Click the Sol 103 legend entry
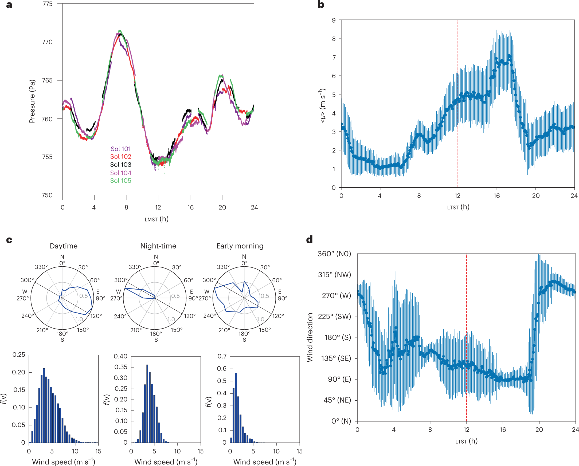click(120, 165)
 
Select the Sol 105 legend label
click(120, 181)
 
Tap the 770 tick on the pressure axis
click(47, 42)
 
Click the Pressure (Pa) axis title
click(32, 101)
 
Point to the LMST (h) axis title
click(157, 219)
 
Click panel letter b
click(321, 5)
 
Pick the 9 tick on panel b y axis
click(334, 20)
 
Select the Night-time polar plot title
click(158, 246)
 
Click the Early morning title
click(240, 246)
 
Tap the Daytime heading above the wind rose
click(64, 246)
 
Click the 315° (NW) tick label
click(334, 275)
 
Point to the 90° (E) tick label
click(339, 379)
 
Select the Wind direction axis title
click(310, 337)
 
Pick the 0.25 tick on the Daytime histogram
click(19, 355)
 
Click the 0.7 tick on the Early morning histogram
click(222, 356)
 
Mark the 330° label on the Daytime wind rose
click(41, 267)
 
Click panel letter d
click(309, 239)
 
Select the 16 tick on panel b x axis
click(496, 196)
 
